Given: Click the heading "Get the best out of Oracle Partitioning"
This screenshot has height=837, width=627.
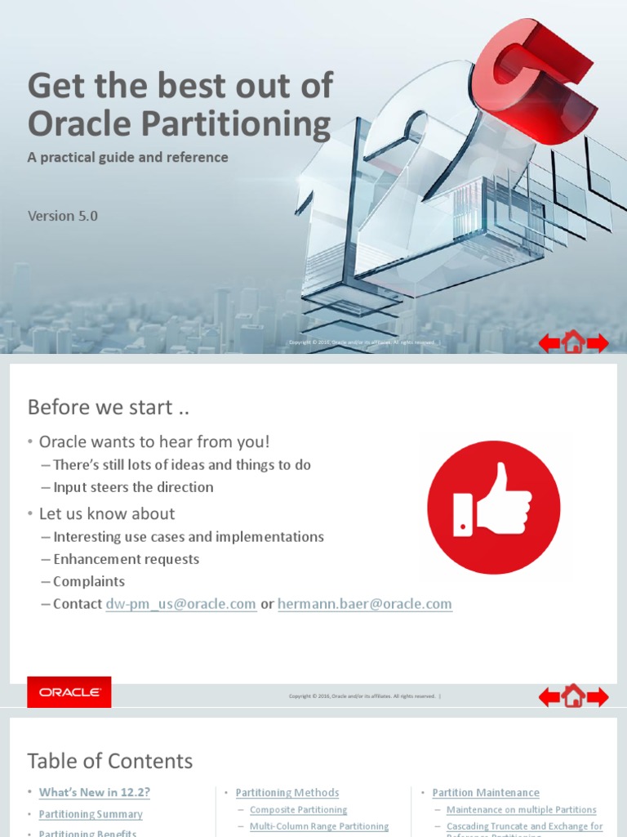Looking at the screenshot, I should point(180,105).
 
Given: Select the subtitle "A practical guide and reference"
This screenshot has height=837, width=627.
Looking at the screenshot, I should point(128,157).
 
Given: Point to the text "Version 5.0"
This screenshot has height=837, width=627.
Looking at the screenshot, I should point(63,216).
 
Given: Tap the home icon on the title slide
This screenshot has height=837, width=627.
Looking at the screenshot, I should point(573,342).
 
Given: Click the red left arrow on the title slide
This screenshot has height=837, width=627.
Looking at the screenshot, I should point(549,343).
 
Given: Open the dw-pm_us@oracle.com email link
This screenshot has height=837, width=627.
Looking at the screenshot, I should point(181,604).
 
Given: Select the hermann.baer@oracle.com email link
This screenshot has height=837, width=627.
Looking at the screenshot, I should point(364,604).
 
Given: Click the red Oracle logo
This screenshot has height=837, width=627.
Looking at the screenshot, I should point(69,692).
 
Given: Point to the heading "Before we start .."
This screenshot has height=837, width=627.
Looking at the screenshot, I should point(100,407).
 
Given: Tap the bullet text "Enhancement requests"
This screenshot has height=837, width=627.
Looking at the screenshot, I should point(126,559).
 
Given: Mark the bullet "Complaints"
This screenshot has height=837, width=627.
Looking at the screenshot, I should point(89,581).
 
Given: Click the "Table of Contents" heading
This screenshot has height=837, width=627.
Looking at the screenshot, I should point(110,761).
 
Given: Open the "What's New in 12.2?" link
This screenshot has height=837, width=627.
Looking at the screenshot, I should point(95,792).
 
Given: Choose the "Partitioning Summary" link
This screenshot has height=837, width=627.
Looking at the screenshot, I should point(91,814).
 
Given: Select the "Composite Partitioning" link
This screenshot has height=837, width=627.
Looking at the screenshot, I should point(298,810).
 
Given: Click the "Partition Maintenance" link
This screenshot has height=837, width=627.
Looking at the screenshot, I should point(486,792).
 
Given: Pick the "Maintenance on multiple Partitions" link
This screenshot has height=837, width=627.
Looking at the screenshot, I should point(521,810).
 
